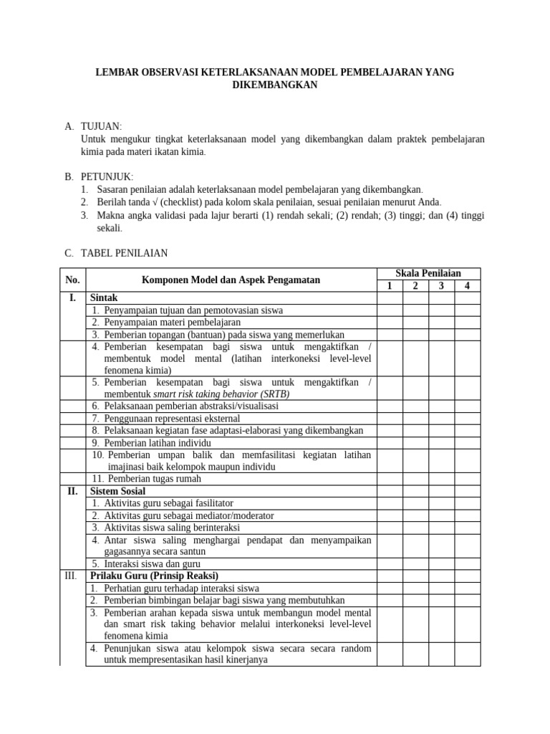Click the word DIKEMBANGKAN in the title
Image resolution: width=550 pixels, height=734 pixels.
click(275, 85)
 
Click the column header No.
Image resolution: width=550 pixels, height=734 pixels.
click(73, 280)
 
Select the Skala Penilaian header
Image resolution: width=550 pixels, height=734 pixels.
click(428, 273)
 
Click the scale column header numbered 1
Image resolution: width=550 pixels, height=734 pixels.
click(390, 286)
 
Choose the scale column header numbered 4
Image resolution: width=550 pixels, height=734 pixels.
click(467, 286)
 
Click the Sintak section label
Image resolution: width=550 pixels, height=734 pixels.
click(104, 297)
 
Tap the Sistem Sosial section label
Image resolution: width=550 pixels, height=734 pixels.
click(117, 491)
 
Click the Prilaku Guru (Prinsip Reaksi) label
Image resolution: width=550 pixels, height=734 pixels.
click(154, 576)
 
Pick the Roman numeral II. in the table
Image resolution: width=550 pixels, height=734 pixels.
click(73, 491)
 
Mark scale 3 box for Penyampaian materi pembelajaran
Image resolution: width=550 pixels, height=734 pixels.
click(441, 322)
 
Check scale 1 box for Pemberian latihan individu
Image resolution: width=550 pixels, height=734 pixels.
click(390, 442)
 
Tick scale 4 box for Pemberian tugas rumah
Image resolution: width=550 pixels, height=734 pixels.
click(467, 478)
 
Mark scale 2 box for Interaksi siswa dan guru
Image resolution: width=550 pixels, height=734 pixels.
click(415, 563)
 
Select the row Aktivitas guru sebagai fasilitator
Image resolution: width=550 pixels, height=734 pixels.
click(168, 503)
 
